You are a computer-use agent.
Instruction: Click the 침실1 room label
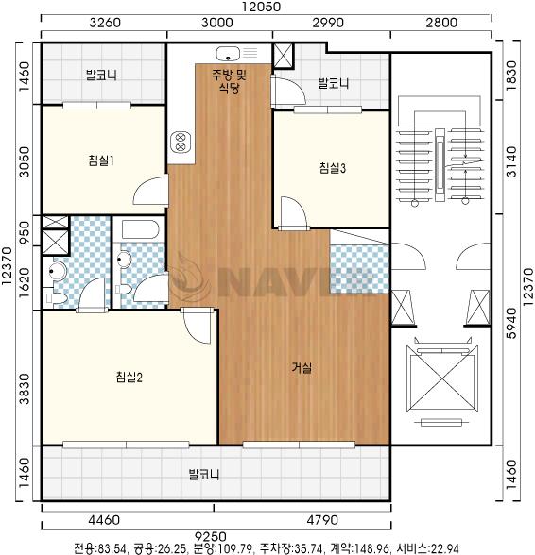[x=101, y=160]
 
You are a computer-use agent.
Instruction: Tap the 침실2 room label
[x=129, y=377]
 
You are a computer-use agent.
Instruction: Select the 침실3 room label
[x=332, y=168]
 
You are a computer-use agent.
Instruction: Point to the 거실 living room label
[x=302, y=368]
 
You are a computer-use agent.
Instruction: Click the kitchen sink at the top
[x=229, y=54]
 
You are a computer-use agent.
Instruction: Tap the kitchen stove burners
[x=181, y=142]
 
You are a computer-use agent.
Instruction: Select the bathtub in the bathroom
[x=141, y=229]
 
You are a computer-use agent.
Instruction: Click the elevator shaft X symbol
[x=442, y=378]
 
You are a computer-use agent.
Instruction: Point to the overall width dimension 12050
[x=261, y=7]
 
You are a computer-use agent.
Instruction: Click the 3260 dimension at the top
[x=105, y=23]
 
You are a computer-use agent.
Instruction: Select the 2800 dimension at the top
[x=441, y=23]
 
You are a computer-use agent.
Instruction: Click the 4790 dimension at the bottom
[x=322, y=520]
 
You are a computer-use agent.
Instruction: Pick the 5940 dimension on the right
[x=512, y=323]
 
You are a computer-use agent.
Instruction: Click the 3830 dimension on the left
[x=25, y=389]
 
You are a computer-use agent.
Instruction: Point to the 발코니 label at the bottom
[x=204, y=474]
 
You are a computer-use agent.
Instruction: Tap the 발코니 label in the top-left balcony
[x=101, y=76]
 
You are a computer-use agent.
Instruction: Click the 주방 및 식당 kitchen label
[x=229, y=81]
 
